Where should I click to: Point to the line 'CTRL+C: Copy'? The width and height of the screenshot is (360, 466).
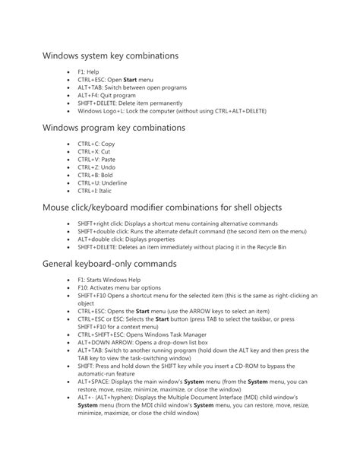tap(96, 143)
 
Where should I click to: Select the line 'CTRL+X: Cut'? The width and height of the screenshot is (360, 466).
tap(93, 151)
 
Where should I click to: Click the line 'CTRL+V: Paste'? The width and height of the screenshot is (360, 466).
tap(96, 160)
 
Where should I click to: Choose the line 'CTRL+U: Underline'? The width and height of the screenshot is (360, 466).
tap(102, 183)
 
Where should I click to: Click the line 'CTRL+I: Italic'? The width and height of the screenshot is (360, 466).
tap(95, 192)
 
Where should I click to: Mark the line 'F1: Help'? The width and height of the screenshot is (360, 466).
tap(87, 71)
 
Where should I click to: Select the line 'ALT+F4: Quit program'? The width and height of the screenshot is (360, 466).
tap(106, 95)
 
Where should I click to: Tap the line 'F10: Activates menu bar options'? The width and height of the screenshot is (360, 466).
tap(118, 288)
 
